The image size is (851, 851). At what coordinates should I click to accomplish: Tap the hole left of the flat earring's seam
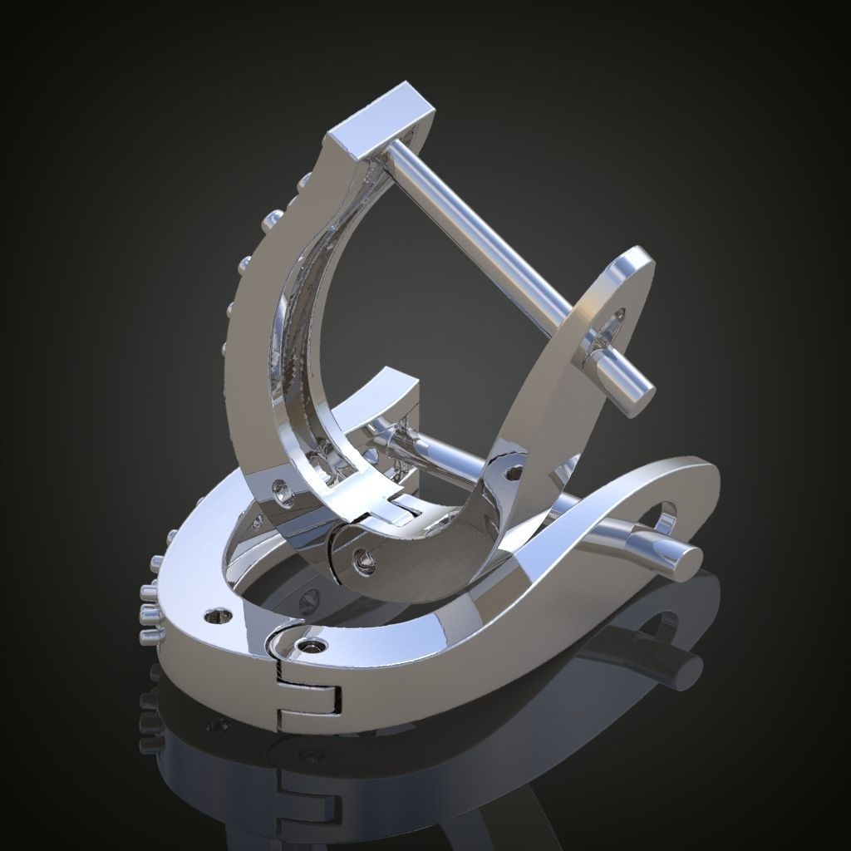219,616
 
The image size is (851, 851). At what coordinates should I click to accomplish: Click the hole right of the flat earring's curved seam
314,645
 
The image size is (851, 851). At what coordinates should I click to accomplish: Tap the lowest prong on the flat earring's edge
150,636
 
